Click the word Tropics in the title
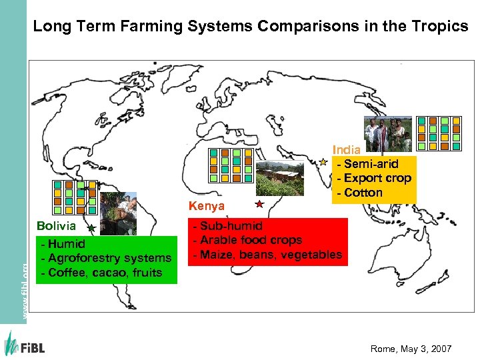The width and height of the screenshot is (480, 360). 439,27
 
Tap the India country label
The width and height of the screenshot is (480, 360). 347,150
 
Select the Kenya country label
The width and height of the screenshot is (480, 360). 207,206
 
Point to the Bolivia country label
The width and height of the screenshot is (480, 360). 56,226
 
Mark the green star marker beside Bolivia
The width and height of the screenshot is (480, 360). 91,228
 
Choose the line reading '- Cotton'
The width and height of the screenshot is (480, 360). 360,193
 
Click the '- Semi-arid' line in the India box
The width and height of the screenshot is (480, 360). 368,163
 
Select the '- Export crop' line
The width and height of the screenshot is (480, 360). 374,178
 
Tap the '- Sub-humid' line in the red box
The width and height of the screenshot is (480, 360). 228,226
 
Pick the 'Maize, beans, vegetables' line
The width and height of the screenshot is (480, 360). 267,254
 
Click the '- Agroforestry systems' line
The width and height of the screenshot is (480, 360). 107,258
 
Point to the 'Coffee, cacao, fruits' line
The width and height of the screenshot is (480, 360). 102,272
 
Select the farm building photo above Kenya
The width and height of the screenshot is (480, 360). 281,177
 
